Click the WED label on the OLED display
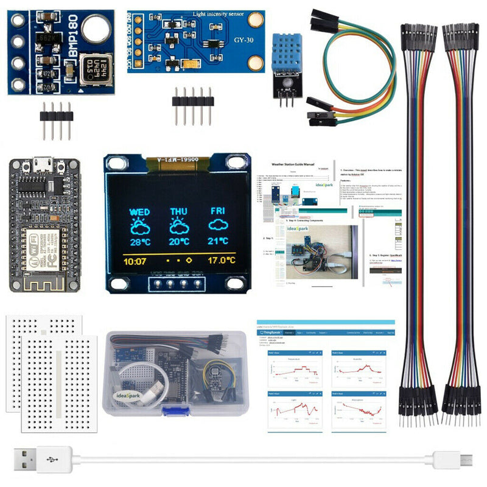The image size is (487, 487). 139,211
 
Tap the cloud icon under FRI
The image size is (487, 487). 218,226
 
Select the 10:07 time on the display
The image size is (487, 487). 136,261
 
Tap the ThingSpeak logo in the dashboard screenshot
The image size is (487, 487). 272,333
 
